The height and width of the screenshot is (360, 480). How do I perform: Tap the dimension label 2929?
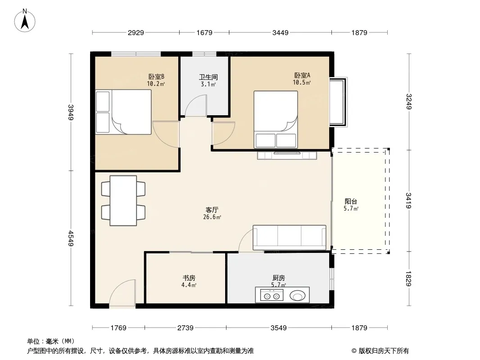(x=136, y=32)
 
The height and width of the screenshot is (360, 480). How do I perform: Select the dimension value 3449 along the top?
(x=280, y=32)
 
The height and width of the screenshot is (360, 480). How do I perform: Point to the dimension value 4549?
(x=71, y=238)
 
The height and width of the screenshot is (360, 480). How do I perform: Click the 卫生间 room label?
(x=208, y=77)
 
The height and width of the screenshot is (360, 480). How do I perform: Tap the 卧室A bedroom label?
(x=302, y=75)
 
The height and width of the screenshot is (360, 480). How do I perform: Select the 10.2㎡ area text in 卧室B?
(x=156, y=84)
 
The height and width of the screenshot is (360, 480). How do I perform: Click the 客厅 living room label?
(x=212, y=210)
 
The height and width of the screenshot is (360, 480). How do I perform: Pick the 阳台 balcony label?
(x=351, y=201)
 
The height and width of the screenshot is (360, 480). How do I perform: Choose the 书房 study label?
(x=189, y=278)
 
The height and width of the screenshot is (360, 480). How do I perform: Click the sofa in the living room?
(x=289, y=237)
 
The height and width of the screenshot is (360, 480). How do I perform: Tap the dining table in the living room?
(x=123, y=201)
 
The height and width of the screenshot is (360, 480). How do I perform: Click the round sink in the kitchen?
(x=297, y=296)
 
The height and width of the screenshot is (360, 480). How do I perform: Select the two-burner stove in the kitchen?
(x=272, y=296)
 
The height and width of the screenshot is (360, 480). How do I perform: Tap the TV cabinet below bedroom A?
(x=287, y=155)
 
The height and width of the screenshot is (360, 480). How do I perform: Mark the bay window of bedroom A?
(x=338, y=102)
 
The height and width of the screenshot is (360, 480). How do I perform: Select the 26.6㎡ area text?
(x=212, y=217)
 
